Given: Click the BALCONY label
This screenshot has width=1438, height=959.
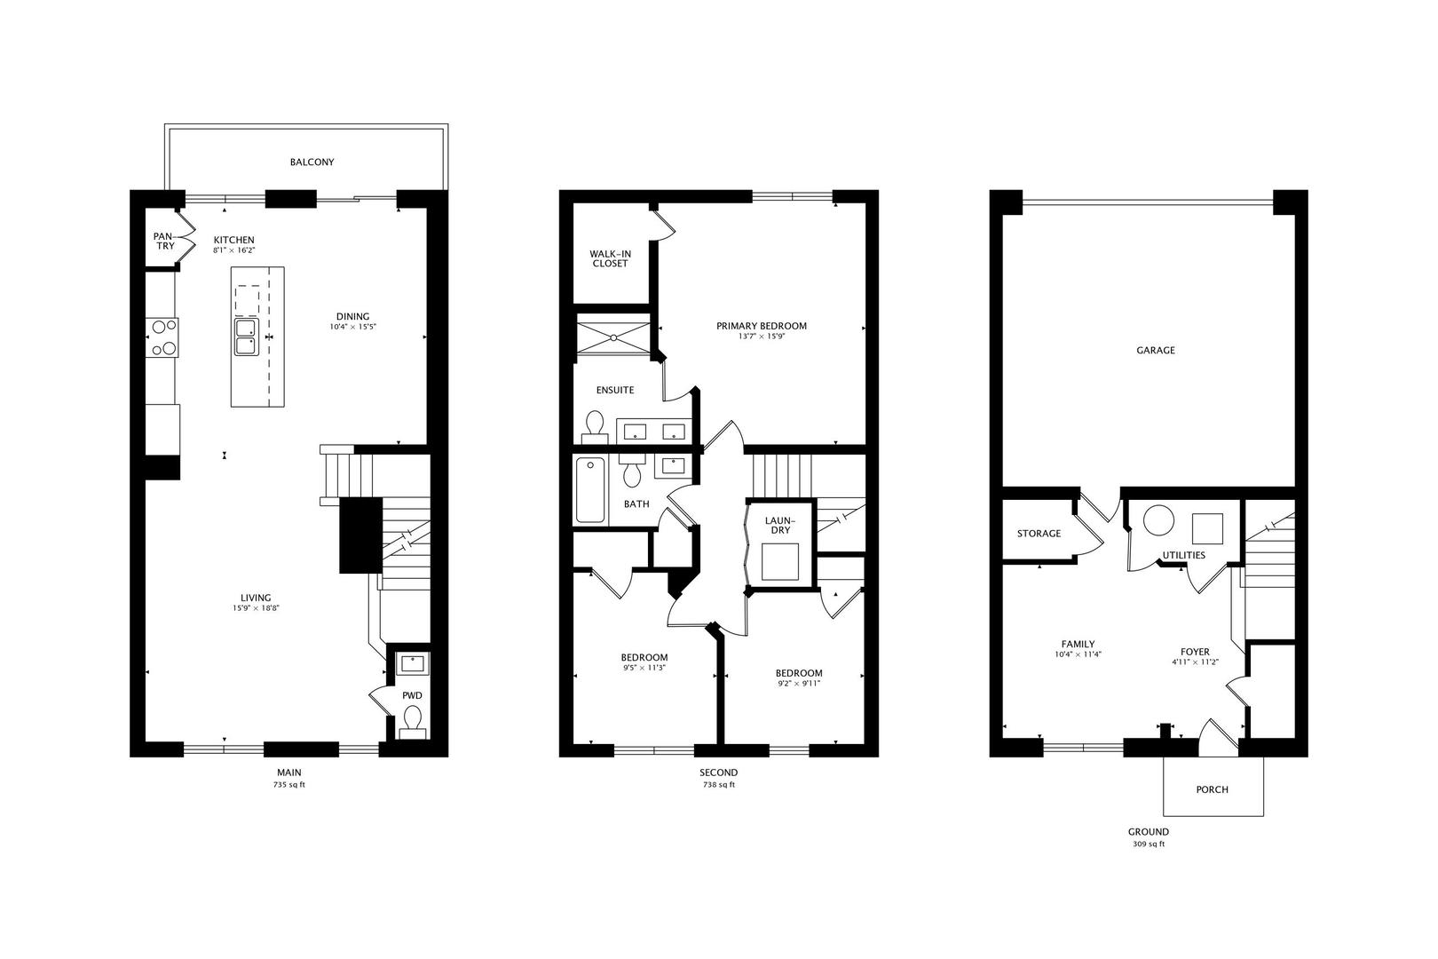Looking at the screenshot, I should coord(312,162).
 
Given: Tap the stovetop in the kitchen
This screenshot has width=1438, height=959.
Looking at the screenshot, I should coord(163,337).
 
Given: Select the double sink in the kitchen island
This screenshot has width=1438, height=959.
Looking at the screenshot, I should coord(246,337).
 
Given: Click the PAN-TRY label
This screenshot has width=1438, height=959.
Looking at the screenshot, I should coord(164,241).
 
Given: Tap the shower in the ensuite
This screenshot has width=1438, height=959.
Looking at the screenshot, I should coord(613,334).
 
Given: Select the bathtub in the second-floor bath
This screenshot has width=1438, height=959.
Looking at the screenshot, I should coord(589,489).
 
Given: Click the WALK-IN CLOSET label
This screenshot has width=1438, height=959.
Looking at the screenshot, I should coord(610,258).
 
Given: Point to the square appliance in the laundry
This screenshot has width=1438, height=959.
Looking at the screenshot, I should coord(779,561).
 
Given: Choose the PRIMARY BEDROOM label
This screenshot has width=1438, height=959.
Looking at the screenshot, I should coord(762,326).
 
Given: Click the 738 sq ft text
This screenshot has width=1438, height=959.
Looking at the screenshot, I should coord(718,785).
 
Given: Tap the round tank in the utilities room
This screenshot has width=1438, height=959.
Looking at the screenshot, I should coord(1158,520).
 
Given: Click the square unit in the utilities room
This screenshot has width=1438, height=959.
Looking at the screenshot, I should coord(1207,528).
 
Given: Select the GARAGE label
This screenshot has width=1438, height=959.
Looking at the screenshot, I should coord(1156,351).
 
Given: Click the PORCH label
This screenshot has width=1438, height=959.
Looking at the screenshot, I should coord(1213,789).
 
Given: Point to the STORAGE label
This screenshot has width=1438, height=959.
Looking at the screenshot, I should coord(1039,534).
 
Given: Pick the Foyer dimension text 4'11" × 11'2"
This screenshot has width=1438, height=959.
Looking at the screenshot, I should coord(1195,662).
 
